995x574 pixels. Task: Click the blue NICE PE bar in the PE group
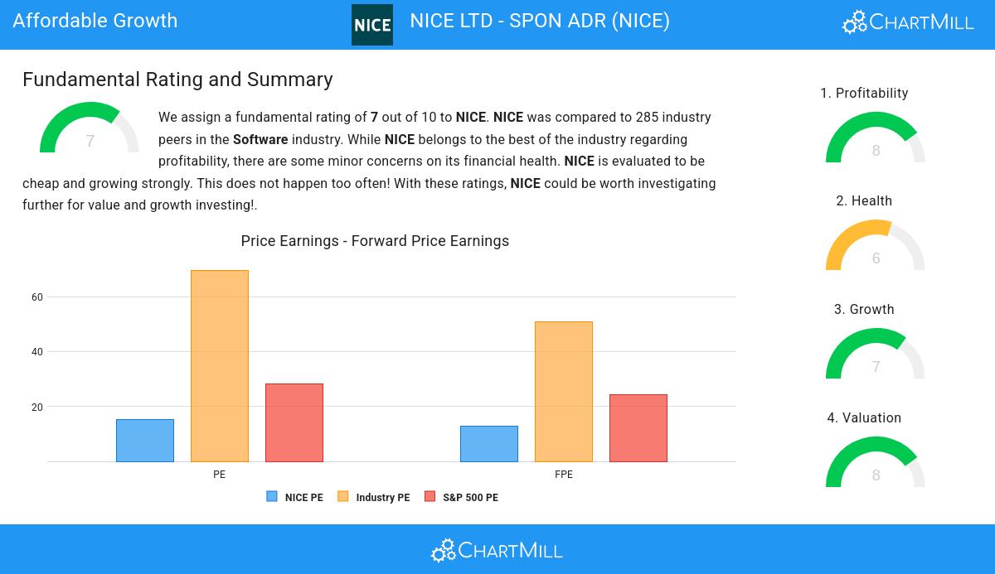tap(145, 441)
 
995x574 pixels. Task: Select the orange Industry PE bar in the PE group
tap(220, 366)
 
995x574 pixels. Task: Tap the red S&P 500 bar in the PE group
tap(294, 422)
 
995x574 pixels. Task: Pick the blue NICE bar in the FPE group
tap(489, 444)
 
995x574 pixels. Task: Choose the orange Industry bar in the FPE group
tap(564, 392)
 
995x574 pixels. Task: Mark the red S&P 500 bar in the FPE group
tap(638, 428)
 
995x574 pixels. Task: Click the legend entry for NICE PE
tap(295, 498)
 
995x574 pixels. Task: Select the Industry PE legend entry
tap(374, 498)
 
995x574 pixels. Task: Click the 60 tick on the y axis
tap(37, 297)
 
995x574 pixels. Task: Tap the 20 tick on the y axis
tap(37, 408)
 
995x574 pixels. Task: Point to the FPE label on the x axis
tap(564, 475)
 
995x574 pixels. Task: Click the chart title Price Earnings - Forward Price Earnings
tap(375, 241)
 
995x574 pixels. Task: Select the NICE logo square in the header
tap(372, 25)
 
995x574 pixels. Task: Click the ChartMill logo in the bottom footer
tap(497, 550)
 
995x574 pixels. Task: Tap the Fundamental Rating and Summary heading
tap(177, 80)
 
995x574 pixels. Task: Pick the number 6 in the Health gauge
tap(876, 258)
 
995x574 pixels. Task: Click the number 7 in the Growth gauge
tap(876, 367)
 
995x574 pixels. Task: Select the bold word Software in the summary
tap(260, 139)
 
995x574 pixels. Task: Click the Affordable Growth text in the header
tap(95, 21)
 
